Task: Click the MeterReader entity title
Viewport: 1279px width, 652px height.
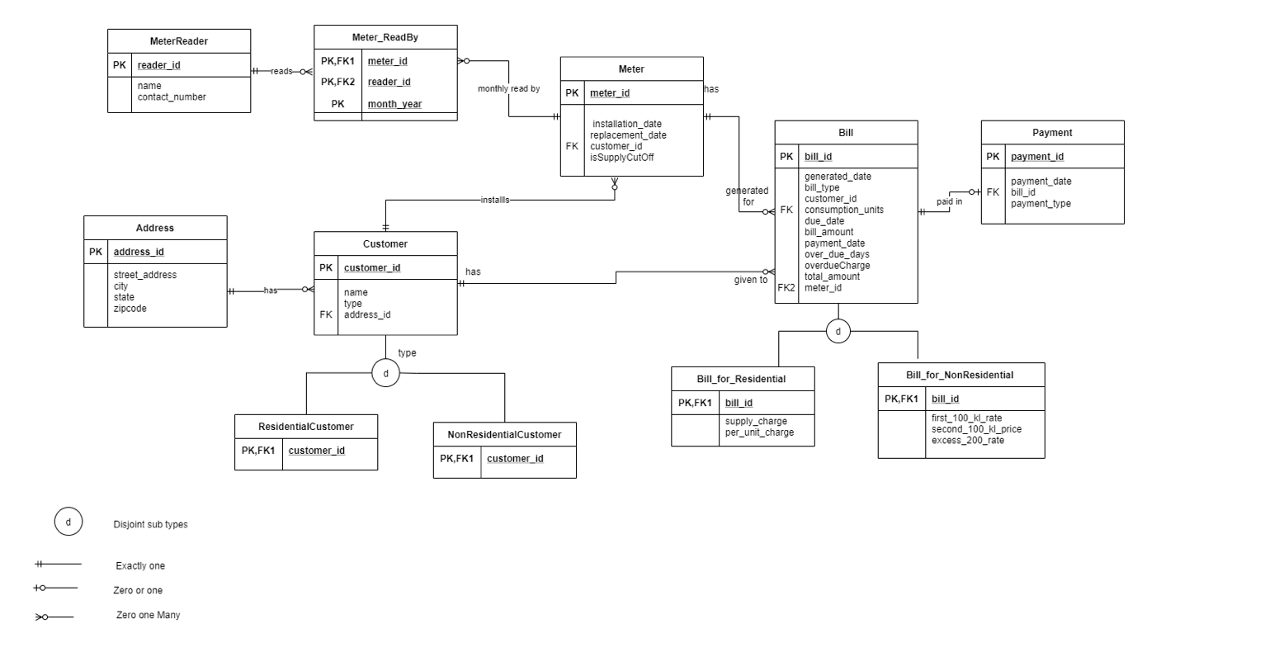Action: pyautogui.click(x=179, y=41)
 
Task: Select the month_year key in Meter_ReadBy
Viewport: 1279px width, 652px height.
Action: pyautogui.click(x=394, y=104)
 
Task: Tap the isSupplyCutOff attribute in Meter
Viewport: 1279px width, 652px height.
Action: pyautogui.click(x=621, y=158)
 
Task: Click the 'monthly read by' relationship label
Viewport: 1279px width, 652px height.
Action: pyautogui.click(x=508, y=88)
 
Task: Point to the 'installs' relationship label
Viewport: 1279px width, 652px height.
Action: pyautogui.click(x=495, y=200)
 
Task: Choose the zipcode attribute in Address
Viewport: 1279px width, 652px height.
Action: pyautogui.click(x=130, y=309)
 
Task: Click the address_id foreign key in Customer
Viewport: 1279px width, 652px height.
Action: pyautogui.click(x=367, y=314)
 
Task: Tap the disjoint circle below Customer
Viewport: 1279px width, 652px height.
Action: pyautogui.click(x=385, y=373)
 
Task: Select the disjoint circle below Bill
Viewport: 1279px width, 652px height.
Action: pyautogui.click(x=838, y=332)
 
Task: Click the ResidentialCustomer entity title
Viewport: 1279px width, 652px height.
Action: pyautogui.click(x=306, y=427)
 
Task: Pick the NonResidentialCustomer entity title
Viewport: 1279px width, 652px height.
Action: pyautogui.click(x=504, y=435)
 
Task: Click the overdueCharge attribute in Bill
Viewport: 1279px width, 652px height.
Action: pyautogui.click(x=837, y=266)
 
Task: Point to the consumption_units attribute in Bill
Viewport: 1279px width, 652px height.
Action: pyautogui.click(x=843, y=210)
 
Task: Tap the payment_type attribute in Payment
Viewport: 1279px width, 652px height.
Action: pyautogui.click(x=1041, y=204)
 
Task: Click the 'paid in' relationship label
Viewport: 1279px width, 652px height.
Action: pyautogui.click(x=949, y=201)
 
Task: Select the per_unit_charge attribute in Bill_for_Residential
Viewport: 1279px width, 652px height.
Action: pyautogui.click(x=759, y=432)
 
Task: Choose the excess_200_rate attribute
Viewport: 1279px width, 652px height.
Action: pyautogui.click(x=967, y=441)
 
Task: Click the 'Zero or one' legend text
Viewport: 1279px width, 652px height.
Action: pyautogui.click(x=138, y=591)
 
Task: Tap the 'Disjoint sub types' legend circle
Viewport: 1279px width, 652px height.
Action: pyautogui.click(x=68, y=522)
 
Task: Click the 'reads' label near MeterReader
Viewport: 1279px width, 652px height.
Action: pyautogui.click(x=281, y=72)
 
